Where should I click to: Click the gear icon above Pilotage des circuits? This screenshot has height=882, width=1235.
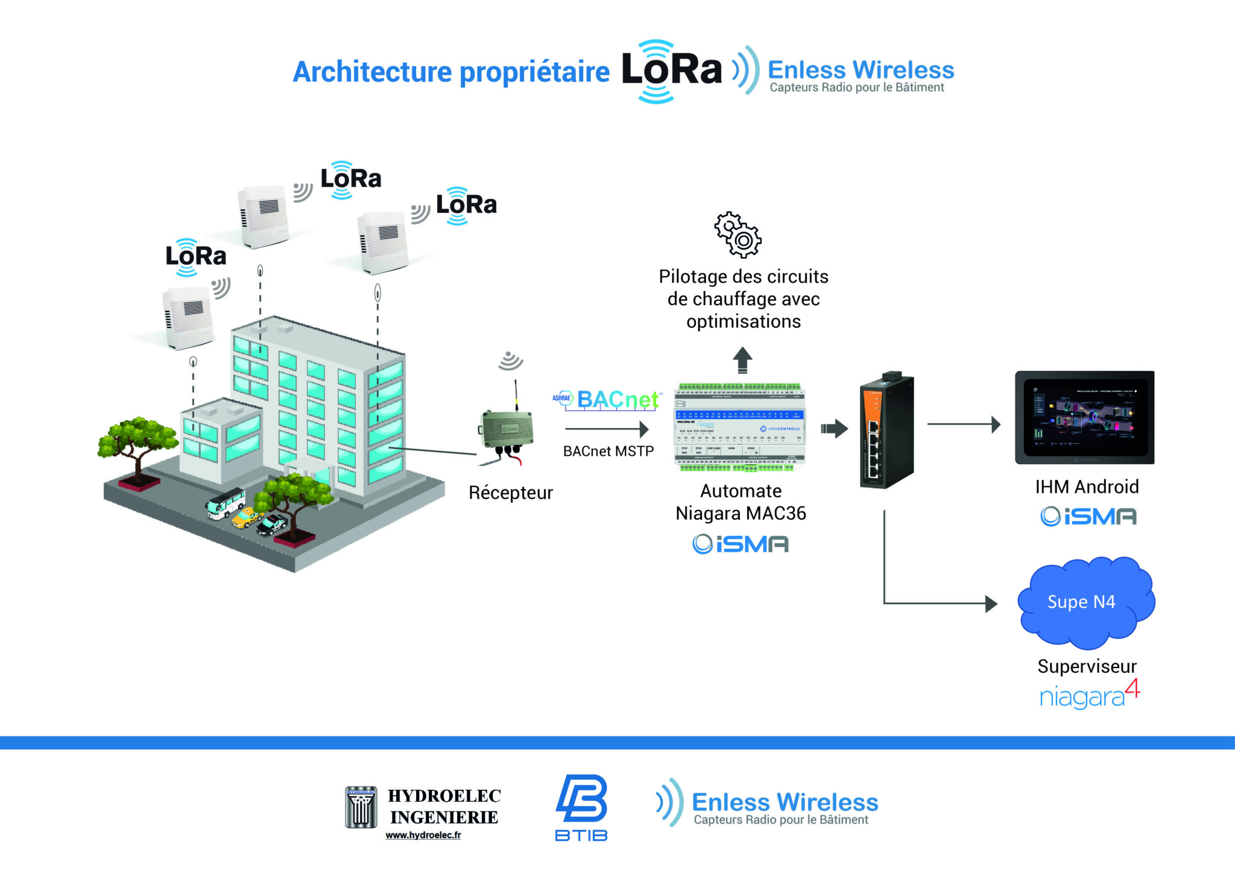[738, 235]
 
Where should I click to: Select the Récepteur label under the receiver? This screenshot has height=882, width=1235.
[510, 493]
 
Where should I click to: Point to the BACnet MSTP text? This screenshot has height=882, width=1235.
[608, 451]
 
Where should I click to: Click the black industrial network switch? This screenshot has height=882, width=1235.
[886, 429]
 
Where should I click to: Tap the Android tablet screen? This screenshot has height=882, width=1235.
[1084, 417]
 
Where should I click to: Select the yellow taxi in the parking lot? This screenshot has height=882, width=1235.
[246, 517]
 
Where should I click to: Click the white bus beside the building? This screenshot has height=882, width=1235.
[226, 503]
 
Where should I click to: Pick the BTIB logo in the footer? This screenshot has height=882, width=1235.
[581, 807]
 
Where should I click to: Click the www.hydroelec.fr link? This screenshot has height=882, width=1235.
[423, 835]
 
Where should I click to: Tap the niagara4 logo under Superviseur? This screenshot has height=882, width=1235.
[1089, 695]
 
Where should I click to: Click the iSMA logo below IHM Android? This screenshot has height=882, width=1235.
[1088, 516]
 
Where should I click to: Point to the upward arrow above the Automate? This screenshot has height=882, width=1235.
[742, 359]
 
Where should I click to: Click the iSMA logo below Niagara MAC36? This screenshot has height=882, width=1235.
[741, 544]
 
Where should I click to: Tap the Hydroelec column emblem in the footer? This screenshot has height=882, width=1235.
[361, 807]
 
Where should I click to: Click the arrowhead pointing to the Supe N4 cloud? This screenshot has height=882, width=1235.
[991, 603]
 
